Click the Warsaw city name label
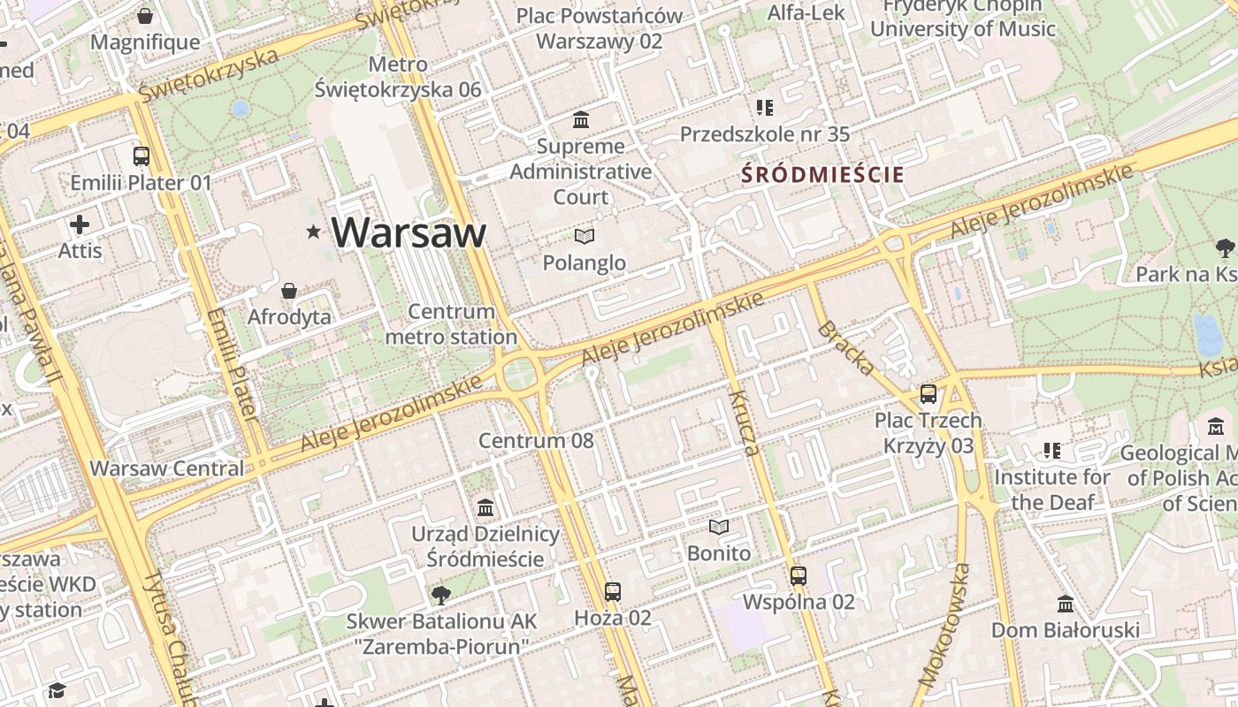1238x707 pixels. pyautogui.click(x=409, y=232)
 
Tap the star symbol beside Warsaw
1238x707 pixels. pyautogui.click(x=313, y=232)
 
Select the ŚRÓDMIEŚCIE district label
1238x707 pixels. pyautogui.click(x=822, y=174)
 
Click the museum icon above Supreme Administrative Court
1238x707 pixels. pyautogui.click(x=581, y=119)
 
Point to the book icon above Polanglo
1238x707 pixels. pyautogui.click(x=584, y=236)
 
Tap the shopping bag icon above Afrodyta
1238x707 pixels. pyautogui.click(x=289, y=291)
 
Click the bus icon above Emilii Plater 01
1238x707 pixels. pyautogui.click(x=141, y=156)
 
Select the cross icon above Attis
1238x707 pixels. pyautogui.click(x=80, y=224)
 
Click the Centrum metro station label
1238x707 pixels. pyautogui.click(x=451, y=323)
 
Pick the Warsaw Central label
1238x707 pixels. pyautogui.click(x=166, y=468)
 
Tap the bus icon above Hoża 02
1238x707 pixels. pyautogui.click(x=612, y=591)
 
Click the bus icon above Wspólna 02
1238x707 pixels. pyautogui.click(x=799, y=576)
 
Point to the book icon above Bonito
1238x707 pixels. pyautogui.click(x=719, y=528)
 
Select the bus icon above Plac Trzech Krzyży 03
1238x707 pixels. pyautogui.click(x=928, y=394)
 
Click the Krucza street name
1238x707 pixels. pyautogui.click(x=745, y=422)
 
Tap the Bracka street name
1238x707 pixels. pyautogui.click(x=846, y=347)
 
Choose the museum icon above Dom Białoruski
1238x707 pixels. pyautogui.click(x=1065, y=604)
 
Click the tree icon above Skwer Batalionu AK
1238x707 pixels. pyautogui.click(x=440, y=596)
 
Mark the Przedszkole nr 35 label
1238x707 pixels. pyautogui.click(x=764, y=134)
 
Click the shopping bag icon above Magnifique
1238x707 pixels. pyautogui.click(x=145, y=17)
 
